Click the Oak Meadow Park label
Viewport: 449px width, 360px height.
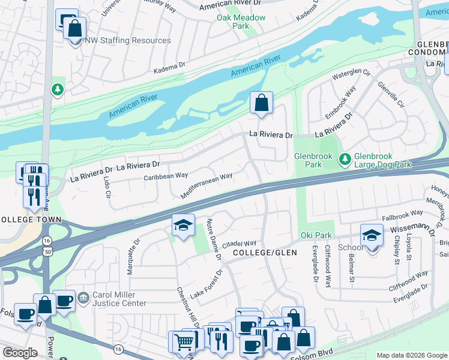tap(241, 22)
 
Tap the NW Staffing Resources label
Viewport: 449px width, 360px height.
tap(127, 41)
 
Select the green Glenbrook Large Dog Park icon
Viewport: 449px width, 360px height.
tap(345, 159)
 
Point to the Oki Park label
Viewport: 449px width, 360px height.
tap(313, 236)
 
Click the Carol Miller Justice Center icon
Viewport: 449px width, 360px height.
tap(83, 296)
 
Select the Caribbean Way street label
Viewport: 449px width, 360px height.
tap(166, 176)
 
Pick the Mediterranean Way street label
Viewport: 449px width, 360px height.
tap(206, 186)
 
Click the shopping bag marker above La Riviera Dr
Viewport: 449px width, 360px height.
tap(261, 103)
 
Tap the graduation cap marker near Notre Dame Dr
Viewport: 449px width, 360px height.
tap(183, 226)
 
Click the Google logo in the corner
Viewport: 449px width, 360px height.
tap(20, 353)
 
